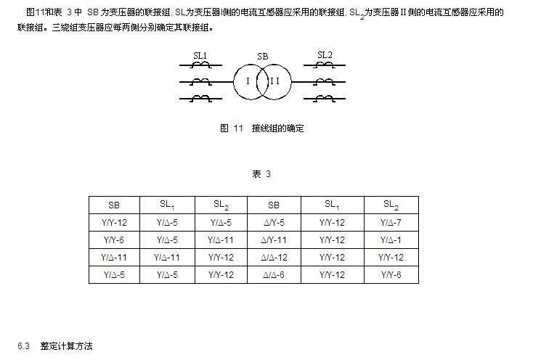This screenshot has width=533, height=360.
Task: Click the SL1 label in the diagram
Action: [200, 55]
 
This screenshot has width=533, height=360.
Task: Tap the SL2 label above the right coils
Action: [325, 55]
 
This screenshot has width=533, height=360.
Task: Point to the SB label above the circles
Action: [262, 57]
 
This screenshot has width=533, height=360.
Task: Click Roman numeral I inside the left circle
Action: [248, 81]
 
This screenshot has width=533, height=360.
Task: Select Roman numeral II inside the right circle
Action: [274, 81]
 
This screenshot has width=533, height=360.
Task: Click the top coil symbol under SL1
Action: [201, 65]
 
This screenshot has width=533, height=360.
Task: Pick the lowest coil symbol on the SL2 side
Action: [325, 99]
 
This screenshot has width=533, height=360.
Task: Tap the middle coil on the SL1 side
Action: [201, 81]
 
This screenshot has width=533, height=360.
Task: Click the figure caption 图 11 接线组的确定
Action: [261, 128]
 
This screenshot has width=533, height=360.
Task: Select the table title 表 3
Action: [261, 174]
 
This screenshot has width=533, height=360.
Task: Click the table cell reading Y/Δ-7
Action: [391, 223]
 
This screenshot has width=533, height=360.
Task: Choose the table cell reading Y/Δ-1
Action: [391, 240]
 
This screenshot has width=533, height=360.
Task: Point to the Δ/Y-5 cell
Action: [274, 223]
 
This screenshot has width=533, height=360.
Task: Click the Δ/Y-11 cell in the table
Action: [274, 240]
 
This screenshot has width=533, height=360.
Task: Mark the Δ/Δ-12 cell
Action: [274, 258]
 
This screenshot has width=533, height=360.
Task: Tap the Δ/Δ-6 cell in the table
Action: [274, 275]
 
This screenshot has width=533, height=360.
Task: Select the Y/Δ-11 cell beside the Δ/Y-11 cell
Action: [221, 240]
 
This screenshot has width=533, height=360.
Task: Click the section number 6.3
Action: [23, 346]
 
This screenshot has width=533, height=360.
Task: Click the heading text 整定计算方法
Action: [66, 346]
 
